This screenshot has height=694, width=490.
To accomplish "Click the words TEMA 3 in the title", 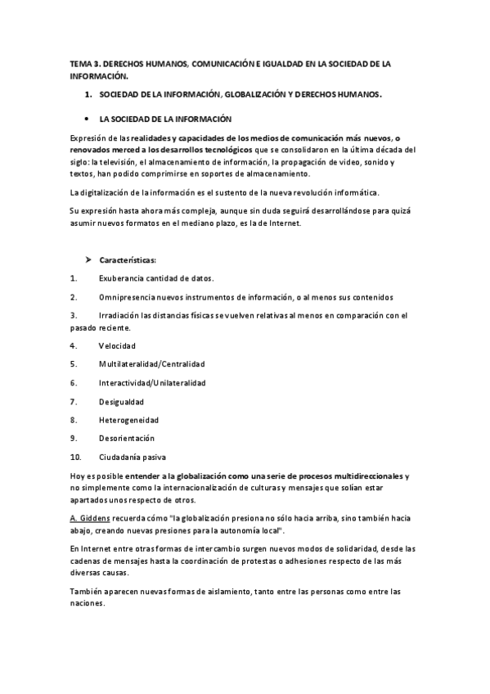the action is [83, 63].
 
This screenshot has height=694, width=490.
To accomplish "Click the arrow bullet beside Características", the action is [87, 260].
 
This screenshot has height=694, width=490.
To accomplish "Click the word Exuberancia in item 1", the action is [123, 278].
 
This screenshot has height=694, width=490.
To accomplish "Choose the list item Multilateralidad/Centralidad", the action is [151, 363].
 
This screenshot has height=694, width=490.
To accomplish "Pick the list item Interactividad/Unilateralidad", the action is [152, 382].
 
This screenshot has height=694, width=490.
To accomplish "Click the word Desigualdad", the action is [121, 401].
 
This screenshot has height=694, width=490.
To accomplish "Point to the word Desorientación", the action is [126, 439].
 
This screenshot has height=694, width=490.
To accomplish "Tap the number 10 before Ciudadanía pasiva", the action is [76, 457].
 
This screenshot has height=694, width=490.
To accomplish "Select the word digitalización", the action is [109, 192].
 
